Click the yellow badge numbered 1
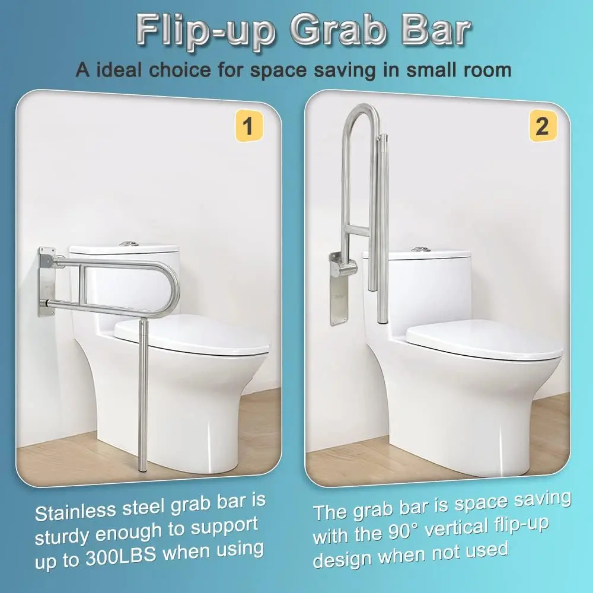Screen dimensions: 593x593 pyautogui.click(x=248, y=126)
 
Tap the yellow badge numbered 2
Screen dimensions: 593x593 pyautogui.click(x=541, y=126)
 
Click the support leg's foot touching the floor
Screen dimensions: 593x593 pyautogui.click(x=142, y=470)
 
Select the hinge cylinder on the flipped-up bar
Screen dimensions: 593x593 pyautogui.click(x=346, y=269)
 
